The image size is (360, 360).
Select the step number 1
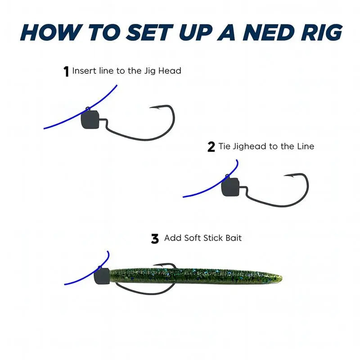pyautogui.click(x=66, y=71)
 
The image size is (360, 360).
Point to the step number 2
pyautogui.click(x=211, y=147)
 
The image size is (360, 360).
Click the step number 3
pyautogui.click(x=155, y=238)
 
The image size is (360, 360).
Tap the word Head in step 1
pyautogui.click(x=171, y=71)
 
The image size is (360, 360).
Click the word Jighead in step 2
pyautogui.click(x=250, y=147)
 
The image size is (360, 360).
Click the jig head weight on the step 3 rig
pyautogui.click(x=102, y=275)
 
